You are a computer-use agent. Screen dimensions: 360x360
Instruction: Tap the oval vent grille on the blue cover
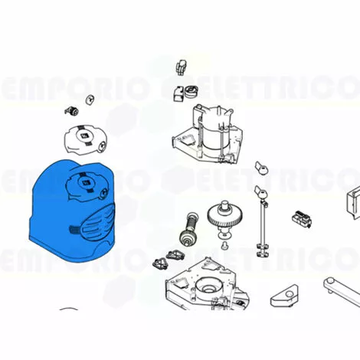point(98,223)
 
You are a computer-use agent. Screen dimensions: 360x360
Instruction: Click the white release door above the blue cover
point(85,139)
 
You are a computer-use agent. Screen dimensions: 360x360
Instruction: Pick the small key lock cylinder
point(71,111)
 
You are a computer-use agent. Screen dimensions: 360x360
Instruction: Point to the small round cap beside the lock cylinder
point(90,100)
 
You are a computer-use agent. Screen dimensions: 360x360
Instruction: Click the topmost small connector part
point(182,67)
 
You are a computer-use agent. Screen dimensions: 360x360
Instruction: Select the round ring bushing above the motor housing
point(191,92)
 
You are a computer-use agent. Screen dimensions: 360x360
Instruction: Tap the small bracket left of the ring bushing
point(178,93)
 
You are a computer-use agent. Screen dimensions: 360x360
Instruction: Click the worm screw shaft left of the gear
point(189,228)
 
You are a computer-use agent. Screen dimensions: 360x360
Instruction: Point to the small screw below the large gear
point(224,246)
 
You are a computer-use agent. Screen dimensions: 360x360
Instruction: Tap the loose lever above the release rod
point(261,169)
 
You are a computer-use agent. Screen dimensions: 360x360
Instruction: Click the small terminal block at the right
point(302,218)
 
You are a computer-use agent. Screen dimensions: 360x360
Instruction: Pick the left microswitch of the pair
point(159,263)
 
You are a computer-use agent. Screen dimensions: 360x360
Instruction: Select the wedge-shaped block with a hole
point(284,296)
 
